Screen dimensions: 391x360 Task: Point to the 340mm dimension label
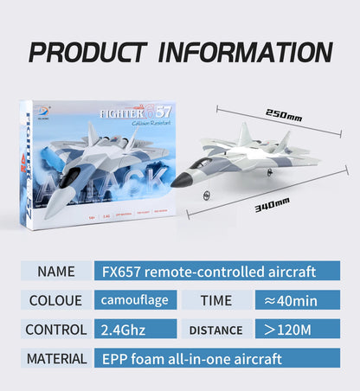(x=272, y=208)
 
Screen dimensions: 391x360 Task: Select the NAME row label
(x=56, y=272)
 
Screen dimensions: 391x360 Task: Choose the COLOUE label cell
(x=56, y=300)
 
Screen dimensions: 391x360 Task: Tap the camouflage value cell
(x=136, y=300)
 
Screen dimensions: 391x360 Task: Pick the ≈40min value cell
(x=297, y=300)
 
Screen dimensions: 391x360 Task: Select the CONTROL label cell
(x=56, y=330)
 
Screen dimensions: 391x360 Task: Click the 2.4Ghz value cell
(x=136, y=330)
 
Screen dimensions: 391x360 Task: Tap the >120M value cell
(x=297, y=330)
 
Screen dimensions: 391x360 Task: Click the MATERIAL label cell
(x=56, y=358)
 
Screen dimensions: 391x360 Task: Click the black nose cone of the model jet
(x=178, y=182)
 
